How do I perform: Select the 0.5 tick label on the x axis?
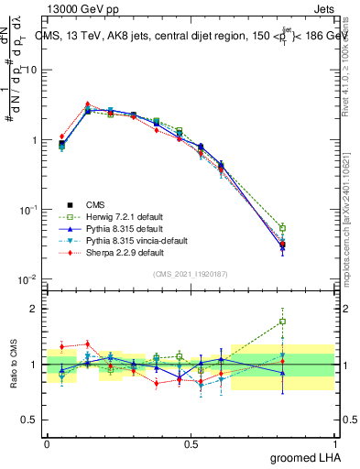[x=191, y=443]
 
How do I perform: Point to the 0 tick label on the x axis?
[x=47, y=443]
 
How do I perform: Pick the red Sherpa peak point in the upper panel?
[x=87, y=104]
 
